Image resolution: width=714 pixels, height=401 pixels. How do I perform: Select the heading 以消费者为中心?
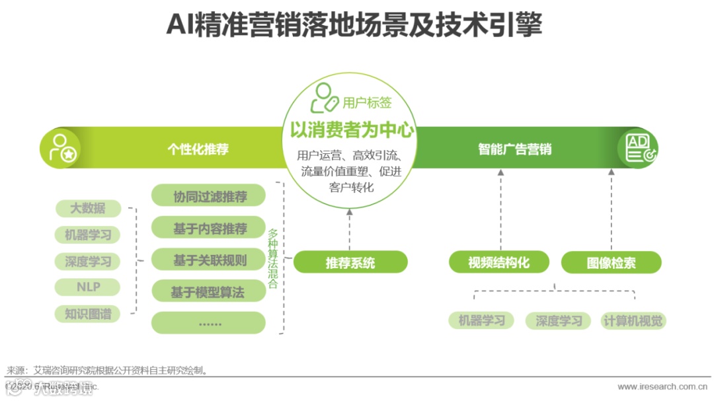click(352, 130)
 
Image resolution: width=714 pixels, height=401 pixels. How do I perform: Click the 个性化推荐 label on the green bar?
click(198, 149)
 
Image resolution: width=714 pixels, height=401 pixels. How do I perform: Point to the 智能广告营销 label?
click(514, 149)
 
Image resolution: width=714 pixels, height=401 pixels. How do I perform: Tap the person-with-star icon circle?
click(61, 148)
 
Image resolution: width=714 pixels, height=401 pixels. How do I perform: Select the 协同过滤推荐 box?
click(208, 197)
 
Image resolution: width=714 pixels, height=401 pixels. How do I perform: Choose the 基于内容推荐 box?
click(208, 229)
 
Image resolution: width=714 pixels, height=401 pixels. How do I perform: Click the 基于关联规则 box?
click(208, 260)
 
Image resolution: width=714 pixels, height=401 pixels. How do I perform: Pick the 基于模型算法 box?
click(208, 291)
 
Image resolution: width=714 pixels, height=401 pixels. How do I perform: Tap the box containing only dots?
click(208, 323)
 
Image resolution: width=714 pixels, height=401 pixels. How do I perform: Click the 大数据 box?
click(88, 209)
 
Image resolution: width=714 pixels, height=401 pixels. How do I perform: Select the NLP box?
click(88, 287)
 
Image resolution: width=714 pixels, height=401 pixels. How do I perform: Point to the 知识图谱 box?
click(88, 314)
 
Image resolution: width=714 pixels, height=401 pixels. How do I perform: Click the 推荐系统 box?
click(350, 262)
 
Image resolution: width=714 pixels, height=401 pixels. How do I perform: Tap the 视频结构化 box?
click(499, 262)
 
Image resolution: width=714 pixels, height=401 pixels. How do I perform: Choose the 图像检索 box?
click(611, 262)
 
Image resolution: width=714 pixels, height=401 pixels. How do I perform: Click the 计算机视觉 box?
click(633, 321)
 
